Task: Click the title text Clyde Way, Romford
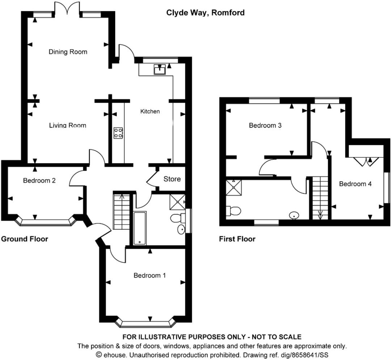coord(205,13)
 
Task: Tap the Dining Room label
coord(68,52)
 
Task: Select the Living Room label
coord(68,125)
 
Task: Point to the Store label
coord(172,179)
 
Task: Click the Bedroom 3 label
coord(265,125)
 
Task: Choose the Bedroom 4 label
coord(355,184)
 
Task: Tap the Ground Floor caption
coord(25,239)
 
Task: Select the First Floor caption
coord(237,239)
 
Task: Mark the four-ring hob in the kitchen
coord(118,133)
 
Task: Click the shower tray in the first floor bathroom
coord(233,187)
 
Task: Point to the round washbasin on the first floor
coord(294,215)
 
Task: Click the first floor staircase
coord(320,198)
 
